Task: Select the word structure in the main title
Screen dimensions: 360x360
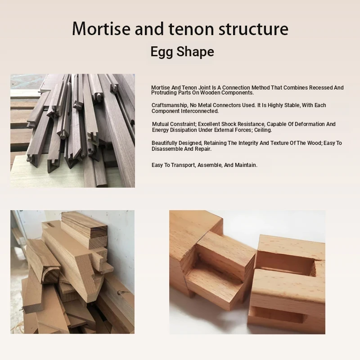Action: [x=253, y=29]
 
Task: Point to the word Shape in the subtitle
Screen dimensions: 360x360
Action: [x=195, y=51]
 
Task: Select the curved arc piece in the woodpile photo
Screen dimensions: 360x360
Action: [x=49, y=273]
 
